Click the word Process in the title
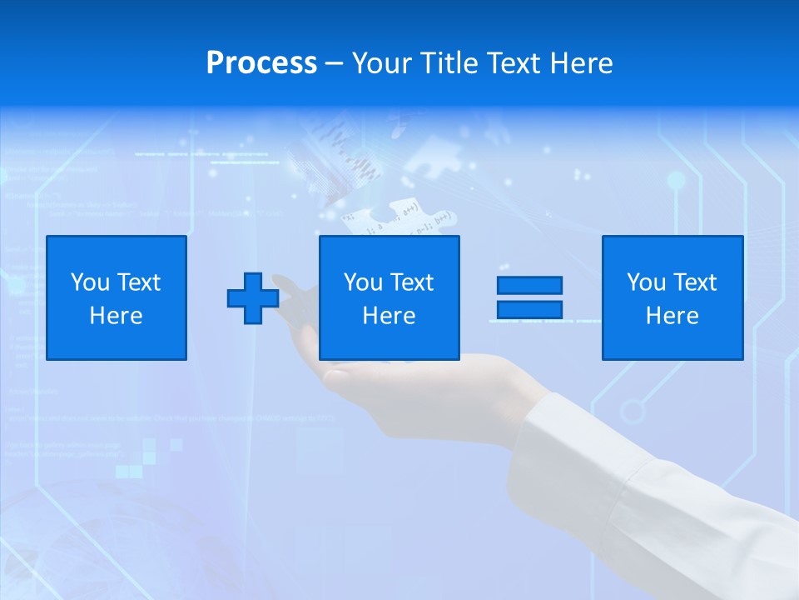click(x=261, y=63)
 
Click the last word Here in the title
click(x=583, y=63)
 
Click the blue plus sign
click(x=253, y=298)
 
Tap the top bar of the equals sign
click(x=529, y=285)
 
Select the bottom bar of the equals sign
click(x=529, y=309)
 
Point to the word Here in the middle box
click(x=390, y=316)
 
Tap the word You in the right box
click(x=646, y=282)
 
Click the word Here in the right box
click(x=672, y=316)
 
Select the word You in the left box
click(x=90, y=282)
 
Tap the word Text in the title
click(x=514, y=63)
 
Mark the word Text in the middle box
click(x=412, y=282)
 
